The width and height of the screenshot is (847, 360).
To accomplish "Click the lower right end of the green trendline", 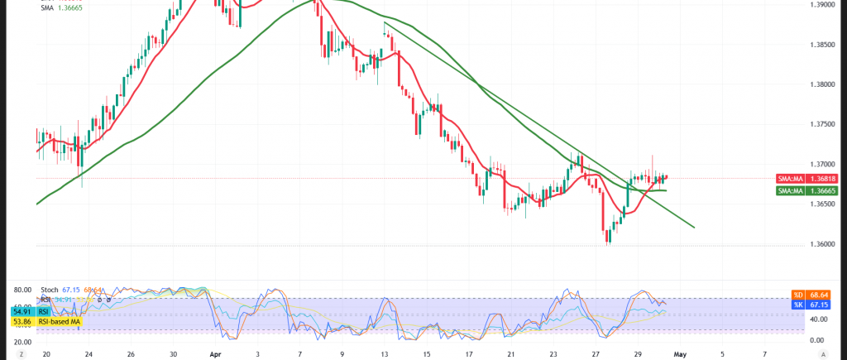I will coord(693,227).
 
